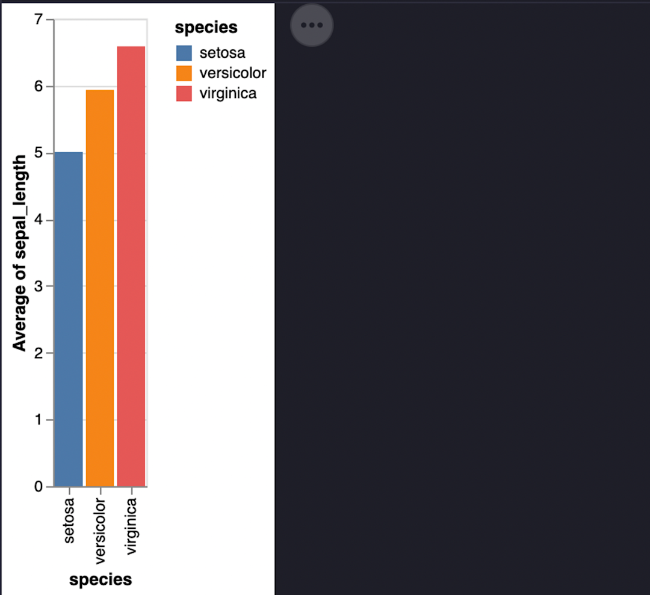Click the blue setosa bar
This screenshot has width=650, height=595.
click(x=69, y=319)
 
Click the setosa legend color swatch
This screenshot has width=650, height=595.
click(x=184, y=53)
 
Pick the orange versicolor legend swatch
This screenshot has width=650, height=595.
click(x=184, y=73)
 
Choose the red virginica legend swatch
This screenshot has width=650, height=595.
click(x=184, y=93)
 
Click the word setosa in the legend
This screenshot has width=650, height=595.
click(x=222, y=53)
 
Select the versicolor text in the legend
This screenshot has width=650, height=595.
click(x=232, y=73)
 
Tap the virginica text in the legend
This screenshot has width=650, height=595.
click(x=227, y=93)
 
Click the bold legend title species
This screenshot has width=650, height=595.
click(x=206, y=28)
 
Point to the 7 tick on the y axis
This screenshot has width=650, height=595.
click(x=40, y=20)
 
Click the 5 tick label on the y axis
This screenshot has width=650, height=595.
click(x=40, y=153)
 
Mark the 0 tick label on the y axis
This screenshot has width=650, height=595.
click(x=40, y=487)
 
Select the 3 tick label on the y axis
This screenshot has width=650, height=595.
click(x=40, y=286)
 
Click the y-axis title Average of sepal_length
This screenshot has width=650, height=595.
click(x=20, y=253)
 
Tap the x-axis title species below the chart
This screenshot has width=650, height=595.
click(x=101, y=579)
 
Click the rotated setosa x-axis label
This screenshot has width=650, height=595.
click(x=69, y=520)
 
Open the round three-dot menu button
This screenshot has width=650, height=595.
click(x=312, y=25)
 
